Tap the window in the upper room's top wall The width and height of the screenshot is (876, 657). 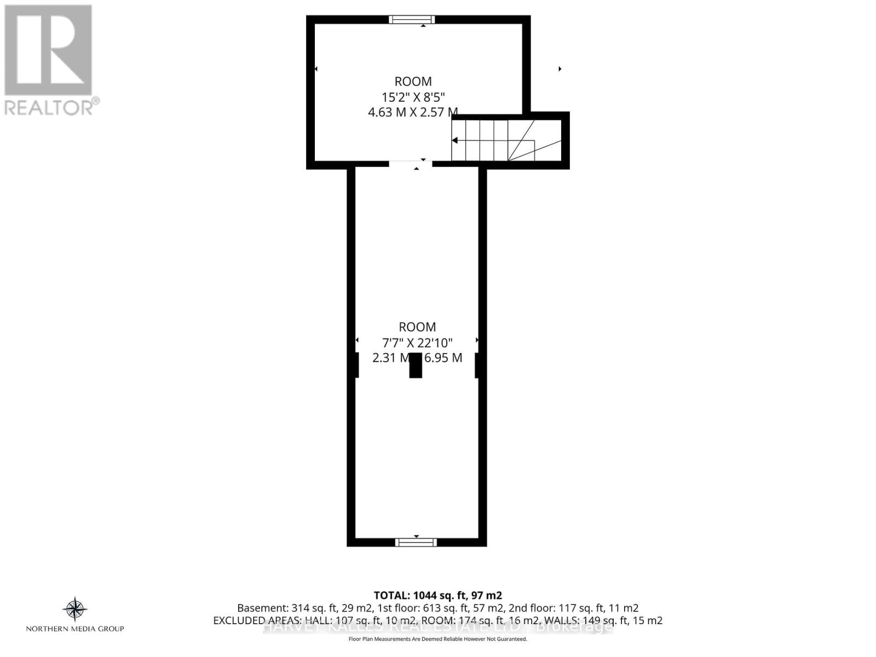click(412, 20)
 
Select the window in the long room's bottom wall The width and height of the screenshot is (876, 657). click(416, 542)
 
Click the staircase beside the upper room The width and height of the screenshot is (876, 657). click(506, 141)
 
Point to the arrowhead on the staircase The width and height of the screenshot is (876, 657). click(455, 141)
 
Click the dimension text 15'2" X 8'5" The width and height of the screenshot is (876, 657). click(413, 97)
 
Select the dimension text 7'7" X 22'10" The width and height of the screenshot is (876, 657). click(417, 343)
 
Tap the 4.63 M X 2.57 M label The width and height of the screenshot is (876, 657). click(413, 112)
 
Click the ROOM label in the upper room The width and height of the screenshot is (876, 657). click(413, 82)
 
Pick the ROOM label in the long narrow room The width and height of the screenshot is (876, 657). click(417, 327)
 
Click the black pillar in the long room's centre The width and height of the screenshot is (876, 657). click(416, 366)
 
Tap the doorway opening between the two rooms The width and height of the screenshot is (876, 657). click(411, 163)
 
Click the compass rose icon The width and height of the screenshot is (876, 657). click(75, 609)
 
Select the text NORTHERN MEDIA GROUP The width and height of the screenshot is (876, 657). click(75, 629)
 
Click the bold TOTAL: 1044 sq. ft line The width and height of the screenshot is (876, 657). click(437, 595)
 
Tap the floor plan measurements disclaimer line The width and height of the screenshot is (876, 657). click(437, 639)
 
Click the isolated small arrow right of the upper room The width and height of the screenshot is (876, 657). click(560, 69)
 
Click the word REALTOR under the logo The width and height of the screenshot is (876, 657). click(49, 107)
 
